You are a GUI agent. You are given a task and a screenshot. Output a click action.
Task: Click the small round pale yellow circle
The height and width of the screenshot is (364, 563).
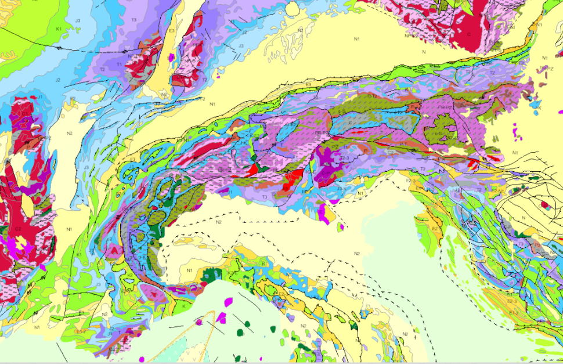coord(292,9)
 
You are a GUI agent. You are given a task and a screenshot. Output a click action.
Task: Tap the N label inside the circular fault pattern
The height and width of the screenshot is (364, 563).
coord(524,218)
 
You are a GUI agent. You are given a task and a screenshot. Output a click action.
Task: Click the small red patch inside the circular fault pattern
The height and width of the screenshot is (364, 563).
coord(545,204)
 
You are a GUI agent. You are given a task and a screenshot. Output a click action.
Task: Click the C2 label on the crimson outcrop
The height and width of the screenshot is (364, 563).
coord(17,229)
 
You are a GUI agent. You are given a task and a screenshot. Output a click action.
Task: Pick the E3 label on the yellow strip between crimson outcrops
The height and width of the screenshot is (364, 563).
coord(172,30)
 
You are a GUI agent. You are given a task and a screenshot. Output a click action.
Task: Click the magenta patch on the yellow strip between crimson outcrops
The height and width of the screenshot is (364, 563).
coord(171,59)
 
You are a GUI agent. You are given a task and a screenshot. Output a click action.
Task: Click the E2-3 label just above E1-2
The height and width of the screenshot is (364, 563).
coord(512,302)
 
